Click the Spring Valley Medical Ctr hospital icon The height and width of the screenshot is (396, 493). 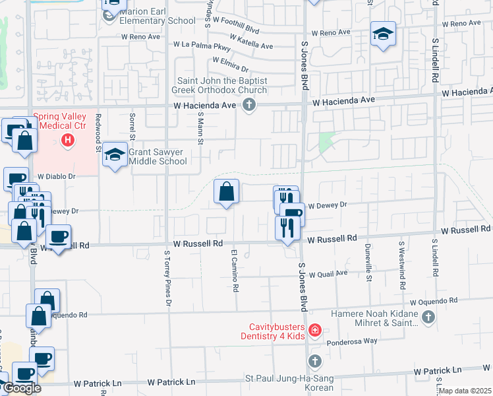[x=67, y=140]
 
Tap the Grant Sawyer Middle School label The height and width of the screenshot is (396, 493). [x=158, y=156]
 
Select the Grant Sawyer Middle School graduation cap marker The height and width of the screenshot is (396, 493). [x=115, y=156]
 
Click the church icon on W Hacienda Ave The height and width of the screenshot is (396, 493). [x=249, y=105]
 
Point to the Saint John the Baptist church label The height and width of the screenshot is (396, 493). [x=219, y=85]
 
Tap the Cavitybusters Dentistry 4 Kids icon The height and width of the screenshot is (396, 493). [x=315, y=330]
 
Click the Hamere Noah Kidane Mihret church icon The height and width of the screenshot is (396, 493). [x=428, y=317]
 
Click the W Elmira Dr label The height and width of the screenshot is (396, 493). [x=228, y=64]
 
